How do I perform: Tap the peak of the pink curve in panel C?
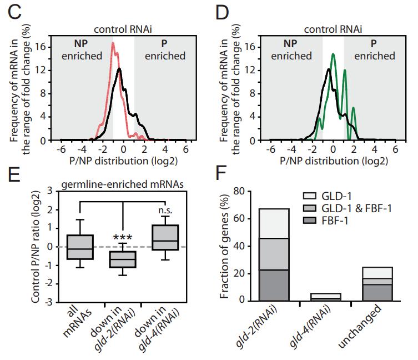pyautogui.click(x=113, y=43)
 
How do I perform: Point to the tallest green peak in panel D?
pyautogui.click(x=333, y=54)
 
